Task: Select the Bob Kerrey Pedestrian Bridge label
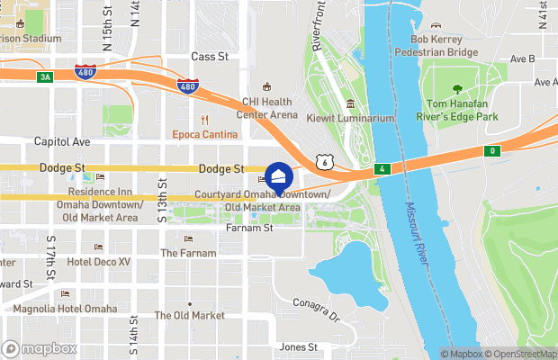click(444, 46)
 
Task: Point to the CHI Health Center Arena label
click(266, 108)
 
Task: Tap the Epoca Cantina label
click(206, 135)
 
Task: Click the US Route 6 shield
click(322, 160)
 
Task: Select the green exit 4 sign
click(382, 168)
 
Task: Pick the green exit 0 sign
click(491, 150)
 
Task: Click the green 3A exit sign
click(45, 77)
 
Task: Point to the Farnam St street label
click(247, 229)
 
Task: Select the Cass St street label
click(210, 56)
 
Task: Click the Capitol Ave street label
click(62, 141)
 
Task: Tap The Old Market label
click(189, 315)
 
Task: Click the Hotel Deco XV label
click(98, 261)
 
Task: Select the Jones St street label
click(299, 346)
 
